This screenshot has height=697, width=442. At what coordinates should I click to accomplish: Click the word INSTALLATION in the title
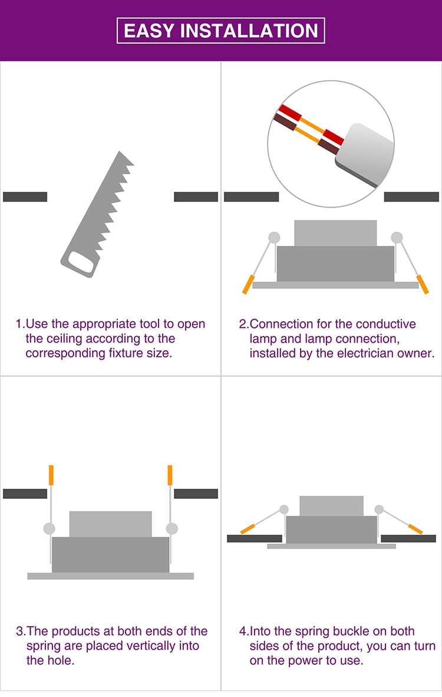pyautogui.click(x=249, y=31)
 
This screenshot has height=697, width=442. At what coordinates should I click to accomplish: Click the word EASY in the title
pyautogui.click(x=149, y=31)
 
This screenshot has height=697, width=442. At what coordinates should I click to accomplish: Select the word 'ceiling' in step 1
pyautogui.click(x=64, y=338)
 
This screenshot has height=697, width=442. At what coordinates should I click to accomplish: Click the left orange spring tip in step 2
pyautogui.click(x=248, y=284)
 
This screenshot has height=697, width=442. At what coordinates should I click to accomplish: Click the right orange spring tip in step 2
pyautogui.click(x=423, y=284)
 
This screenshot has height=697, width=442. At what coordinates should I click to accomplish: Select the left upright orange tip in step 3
pyautogui.click(x=51, y=475)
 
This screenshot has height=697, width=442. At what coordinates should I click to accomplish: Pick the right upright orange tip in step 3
pyautogui.click(x=170, y=475)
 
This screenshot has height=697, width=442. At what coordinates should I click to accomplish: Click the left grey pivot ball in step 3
pyautogui.click(x=50, y=528)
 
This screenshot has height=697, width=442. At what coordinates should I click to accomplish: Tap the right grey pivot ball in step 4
pyautogui.click(x=379, y=509)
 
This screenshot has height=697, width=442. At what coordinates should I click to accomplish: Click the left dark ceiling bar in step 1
pyautogui.click(x=25, y=197)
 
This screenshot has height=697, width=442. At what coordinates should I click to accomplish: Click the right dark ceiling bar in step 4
pyautogui.click(x=408, y=539)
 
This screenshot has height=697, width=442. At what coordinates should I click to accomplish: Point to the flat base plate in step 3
pyautogui.click(x=111, y=576)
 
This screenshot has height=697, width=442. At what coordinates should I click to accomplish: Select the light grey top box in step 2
pyautogui.click(x=335, y=234)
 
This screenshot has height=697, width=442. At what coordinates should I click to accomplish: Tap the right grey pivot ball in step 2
pyautogui.click(x=397, y=238)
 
